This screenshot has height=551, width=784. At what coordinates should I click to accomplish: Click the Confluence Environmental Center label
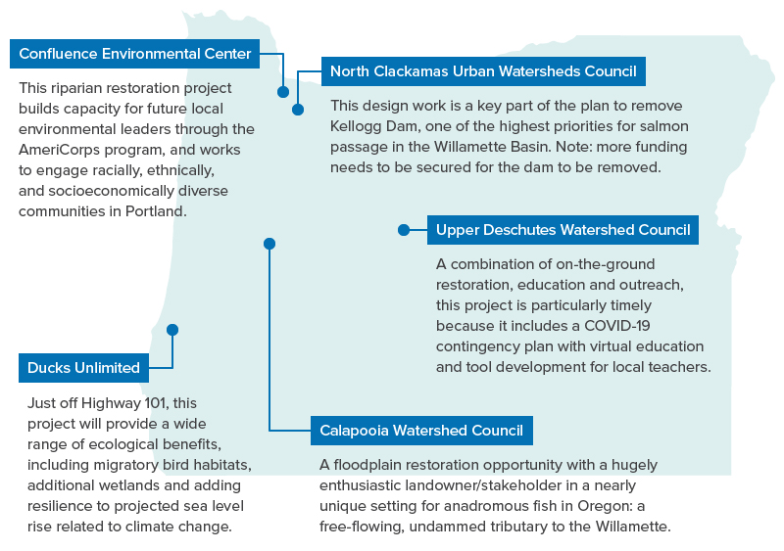coord(135,54)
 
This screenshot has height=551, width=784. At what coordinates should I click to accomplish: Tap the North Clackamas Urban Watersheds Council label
coord(483,71)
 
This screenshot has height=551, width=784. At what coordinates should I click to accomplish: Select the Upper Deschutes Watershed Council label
coord(563,230)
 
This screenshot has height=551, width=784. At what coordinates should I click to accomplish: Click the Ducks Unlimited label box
coord(83,368)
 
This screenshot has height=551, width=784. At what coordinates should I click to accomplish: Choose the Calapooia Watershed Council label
coord(421,430)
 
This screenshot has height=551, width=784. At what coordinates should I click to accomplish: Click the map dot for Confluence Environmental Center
coord(283,92)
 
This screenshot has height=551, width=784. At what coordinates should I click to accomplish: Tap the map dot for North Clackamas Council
coord(298,111)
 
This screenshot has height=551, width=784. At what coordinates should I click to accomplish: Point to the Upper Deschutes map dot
coord(404,230)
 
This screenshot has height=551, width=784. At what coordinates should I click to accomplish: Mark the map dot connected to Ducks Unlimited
coord(172,330)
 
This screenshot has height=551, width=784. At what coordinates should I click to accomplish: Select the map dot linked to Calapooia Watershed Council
coord(269,244)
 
